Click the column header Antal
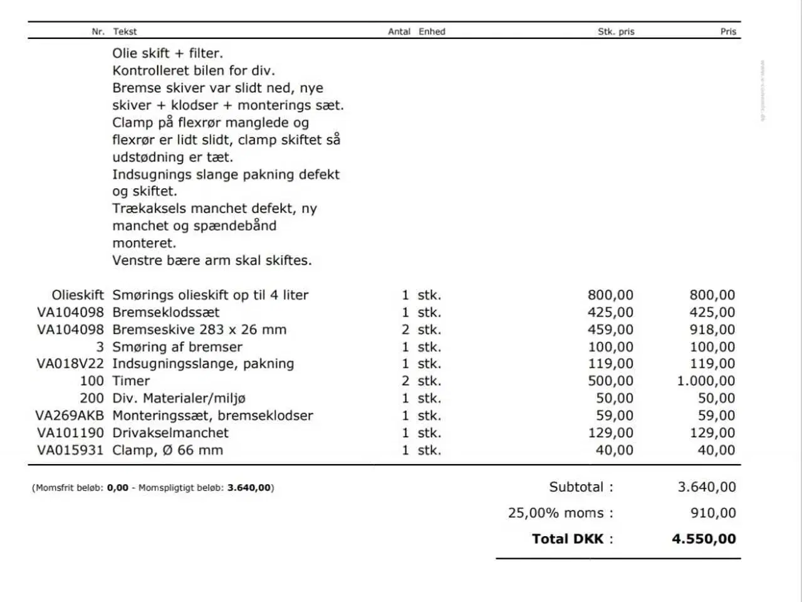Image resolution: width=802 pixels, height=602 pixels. point(399,31)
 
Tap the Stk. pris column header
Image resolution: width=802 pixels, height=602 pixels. point(616,31)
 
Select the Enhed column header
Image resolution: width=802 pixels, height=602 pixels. point(432,31)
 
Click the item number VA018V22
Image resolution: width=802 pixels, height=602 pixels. point(70,364)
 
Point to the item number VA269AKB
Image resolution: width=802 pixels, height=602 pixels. point(70,415)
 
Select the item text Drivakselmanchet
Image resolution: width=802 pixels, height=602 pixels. point(170,433)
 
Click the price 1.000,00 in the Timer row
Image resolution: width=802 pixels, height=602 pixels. point(706,381)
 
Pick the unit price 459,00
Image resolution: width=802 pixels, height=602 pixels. point(610,329)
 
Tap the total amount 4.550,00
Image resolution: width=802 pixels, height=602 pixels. point(704,539)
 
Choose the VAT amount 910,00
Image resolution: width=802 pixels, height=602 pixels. point(713,513)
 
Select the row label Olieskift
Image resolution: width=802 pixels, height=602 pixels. point(78,295)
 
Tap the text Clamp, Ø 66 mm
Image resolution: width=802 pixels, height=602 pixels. point(167,450)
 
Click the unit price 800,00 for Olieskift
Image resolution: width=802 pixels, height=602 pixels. point(610,295)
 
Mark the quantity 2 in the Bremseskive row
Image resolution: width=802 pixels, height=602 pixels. point(405,329)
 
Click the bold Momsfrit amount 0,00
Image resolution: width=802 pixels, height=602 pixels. point(118,487)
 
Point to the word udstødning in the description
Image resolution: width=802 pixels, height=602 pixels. point(148,157)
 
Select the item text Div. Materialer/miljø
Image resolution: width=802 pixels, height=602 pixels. point(179,398)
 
